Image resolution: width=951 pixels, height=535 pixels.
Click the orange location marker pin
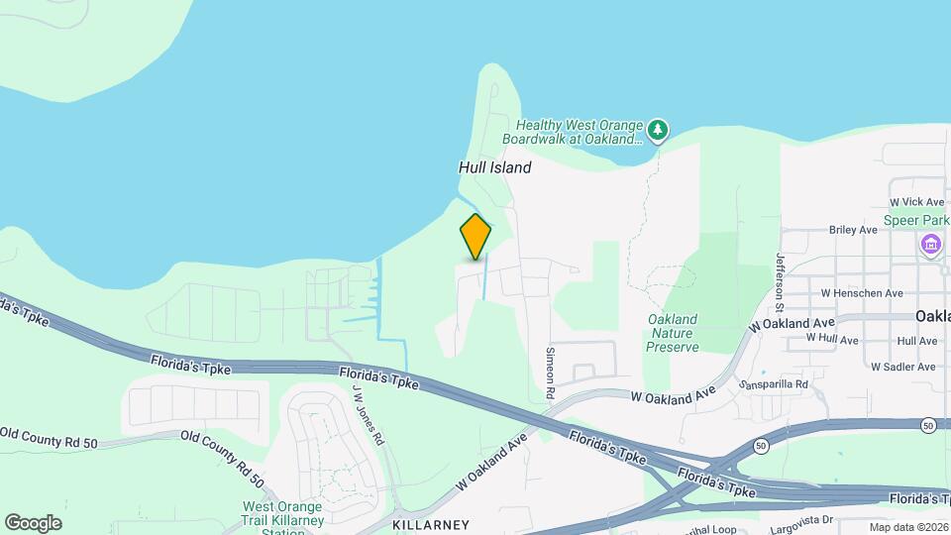click(x=475, y=237)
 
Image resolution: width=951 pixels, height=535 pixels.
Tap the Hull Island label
click(x=494, y=167)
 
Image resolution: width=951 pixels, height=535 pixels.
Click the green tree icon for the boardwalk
click(x=658, y=130)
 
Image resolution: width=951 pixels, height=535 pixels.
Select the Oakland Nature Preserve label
click(x=673, y=333)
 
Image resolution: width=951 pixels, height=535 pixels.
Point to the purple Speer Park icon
click(x=930, y=244)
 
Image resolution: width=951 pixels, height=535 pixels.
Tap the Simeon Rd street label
click(x=552, y=366)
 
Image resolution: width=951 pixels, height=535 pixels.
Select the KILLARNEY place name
click(x=430, y=523)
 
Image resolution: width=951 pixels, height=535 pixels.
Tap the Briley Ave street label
click(x=854, y=230)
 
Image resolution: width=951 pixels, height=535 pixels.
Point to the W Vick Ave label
click(x=917, y=202)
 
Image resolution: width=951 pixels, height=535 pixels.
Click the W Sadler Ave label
click(x=903, y=367)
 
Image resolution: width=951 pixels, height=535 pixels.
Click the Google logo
click(x=33, y=522)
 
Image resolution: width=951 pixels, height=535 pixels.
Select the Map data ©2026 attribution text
click(x=907, y=527)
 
